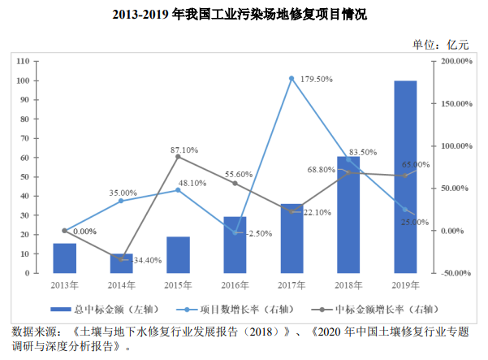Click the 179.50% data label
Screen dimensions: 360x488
click(317, 80)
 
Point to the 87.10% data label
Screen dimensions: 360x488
click(184, 150)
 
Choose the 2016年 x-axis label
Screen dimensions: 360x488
click(235, 285)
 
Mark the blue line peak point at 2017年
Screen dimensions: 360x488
click(292, 79)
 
